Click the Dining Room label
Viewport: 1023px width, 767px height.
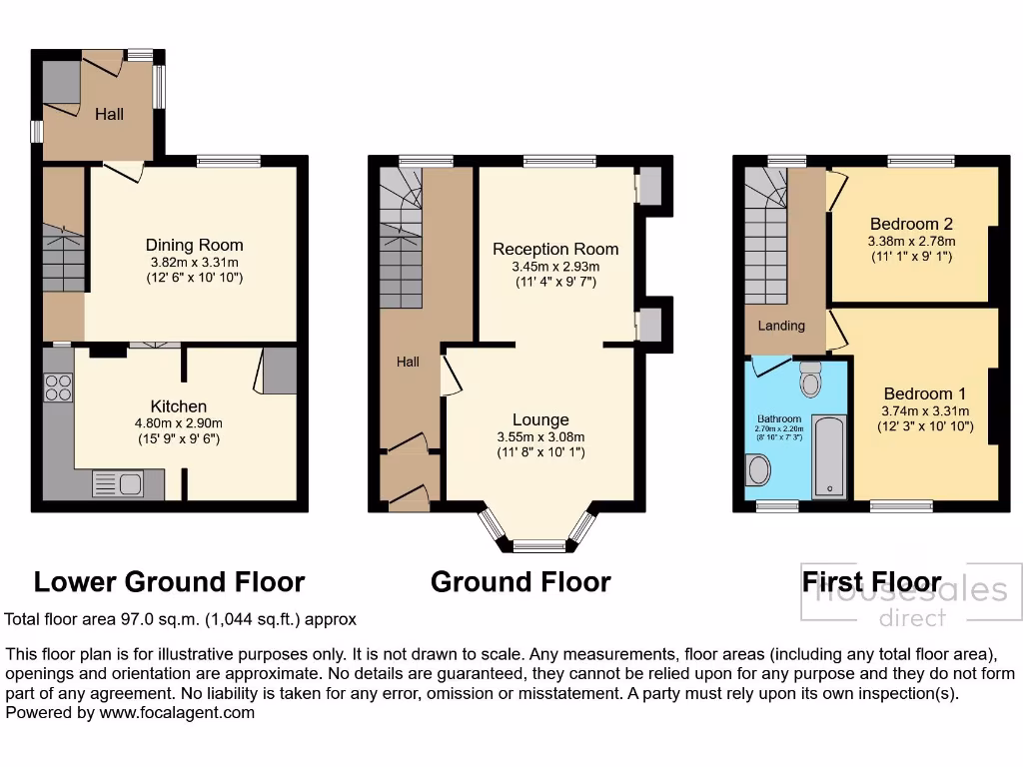pos(194,245)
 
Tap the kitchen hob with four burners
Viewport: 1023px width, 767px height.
pos(58,386)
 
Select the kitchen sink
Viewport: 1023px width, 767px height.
pos(119,483)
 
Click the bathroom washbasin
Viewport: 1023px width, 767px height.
pos(758,469)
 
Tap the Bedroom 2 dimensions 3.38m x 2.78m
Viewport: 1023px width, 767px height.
pos(911,241)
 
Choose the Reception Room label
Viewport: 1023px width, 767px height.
pos(555,249)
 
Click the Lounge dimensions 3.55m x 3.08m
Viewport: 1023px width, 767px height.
pos(540,436)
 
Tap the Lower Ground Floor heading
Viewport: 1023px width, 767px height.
pos(169,581)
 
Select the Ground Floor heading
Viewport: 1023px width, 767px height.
pos(520,581)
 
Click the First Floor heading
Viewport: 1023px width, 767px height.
pos(871,581)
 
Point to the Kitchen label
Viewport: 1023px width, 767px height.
pos(179,405)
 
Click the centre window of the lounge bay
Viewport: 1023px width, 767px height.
pos(539,545)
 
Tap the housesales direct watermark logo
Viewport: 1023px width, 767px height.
pos(911,602)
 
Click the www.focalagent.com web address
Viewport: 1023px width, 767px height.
pos(177,713)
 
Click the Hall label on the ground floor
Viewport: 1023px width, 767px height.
pos(408,363)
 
